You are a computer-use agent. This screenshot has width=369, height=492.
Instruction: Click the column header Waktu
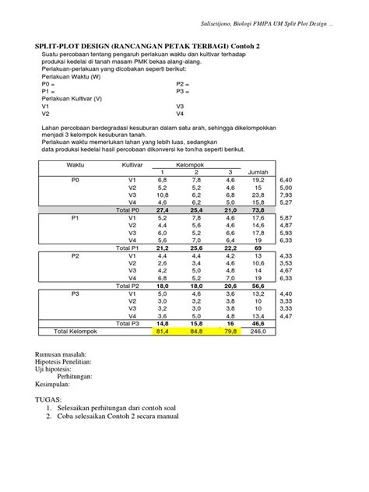(x=76, y=165)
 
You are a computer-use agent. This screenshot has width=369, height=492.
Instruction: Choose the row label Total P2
(x=126, y=285)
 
